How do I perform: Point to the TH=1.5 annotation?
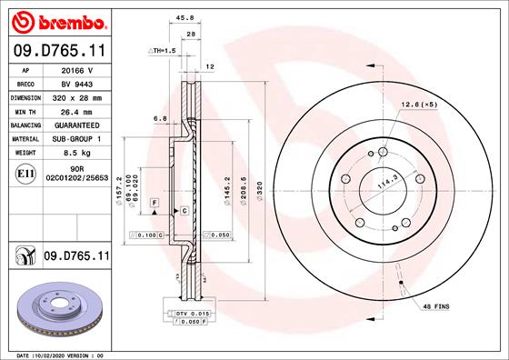pyautogui.click(x=165, y=51)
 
